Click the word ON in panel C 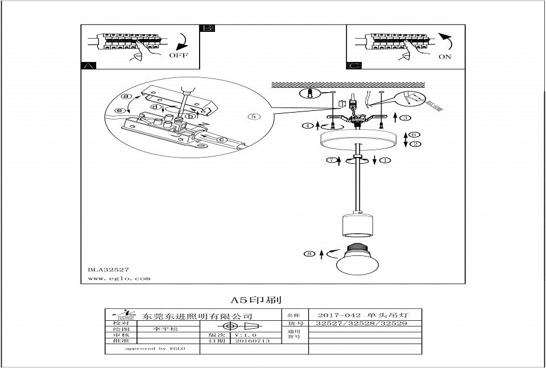[x=445, y=57]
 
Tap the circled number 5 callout [x=254, y=117]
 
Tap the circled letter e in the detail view [x=120, y=110]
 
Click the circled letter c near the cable [x=222, y=140]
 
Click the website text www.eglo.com [x=119, y=279]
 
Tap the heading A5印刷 [x=256, y=299]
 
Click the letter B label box [x=208, y=28]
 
